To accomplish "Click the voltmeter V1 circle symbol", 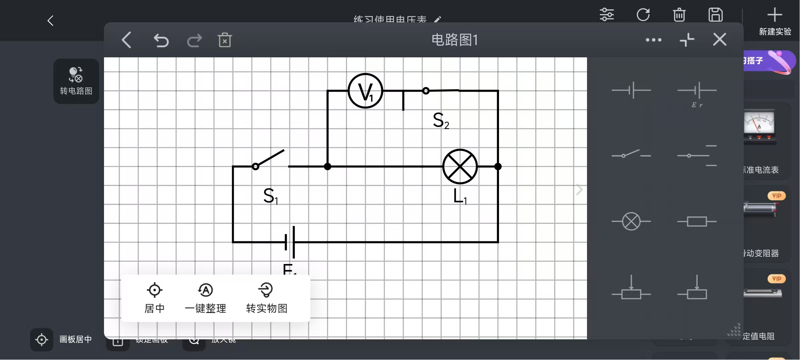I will (x=365, y=91).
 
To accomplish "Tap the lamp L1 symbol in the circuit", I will (x=460, y=166).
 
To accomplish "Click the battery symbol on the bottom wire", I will (x=290, y=242).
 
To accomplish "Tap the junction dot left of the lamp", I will (x=328, y=166).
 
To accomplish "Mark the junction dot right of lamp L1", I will (x=498, y=166).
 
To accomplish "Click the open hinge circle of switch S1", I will (x=256, y=166).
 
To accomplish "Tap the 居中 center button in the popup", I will (x=154, y=298).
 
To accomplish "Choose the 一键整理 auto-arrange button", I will (x=205, y=298).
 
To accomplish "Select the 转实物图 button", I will (x=266, y=298).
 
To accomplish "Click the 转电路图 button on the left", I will (x=76, y=81).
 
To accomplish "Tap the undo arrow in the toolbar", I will (x=161, y=40).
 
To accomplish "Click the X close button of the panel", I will (x=720, y=40).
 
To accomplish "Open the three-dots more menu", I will (x=653, y=40).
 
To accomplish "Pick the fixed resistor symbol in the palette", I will (x=697, y=221).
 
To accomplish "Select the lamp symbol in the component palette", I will (x=631, y=221).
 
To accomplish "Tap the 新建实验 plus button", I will (x=775, y=21).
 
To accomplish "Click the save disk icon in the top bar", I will (x=715, y=15).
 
